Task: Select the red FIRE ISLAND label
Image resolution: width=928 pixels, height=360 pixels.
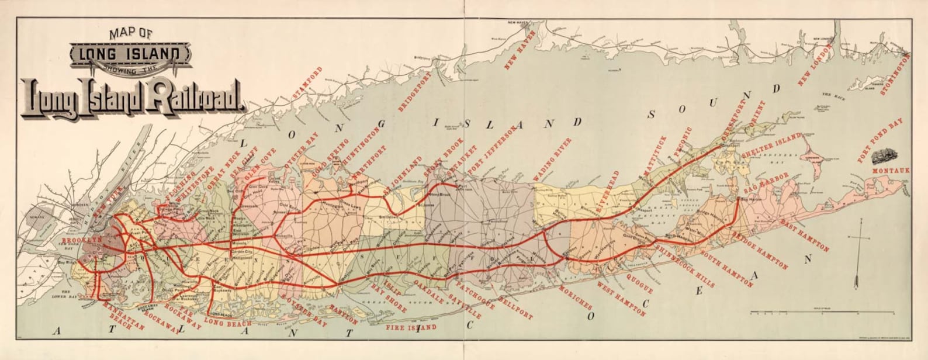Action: pyautogui.click(x=411, y=327)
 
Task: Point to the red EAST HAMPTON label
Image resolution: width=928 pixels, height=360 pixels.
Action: pyautogui.click(x=805, y=237)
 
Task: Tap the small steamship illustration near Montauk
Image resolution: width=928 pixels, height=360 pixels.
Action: pyautogui.click(x=884, y=156)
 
